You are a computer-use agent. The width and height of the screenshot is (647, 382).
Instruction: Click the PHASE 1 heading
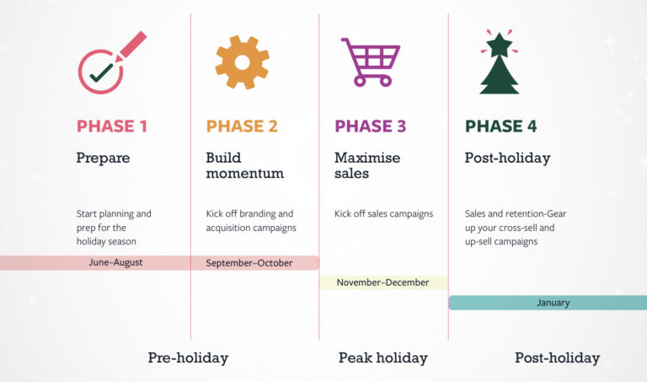coord(112,126)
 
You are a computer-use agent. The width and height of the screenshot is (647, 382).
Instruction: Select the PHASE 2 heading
coord(242,126)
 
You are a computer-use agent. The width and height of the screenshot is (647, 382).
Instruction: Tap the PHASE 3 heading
coord(371,126)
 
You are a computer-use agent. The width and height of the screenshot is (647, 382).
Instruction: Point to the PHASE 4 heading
coord(501,126)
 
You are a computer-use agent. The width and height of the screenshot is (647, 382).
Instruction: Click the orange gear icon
coord(243,62)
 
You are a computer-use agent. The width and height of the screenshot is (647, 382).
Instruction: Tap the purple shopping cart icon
coord(371,62)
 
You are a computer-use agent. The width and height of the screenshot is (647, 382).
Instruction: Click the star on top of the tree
coord(500,45)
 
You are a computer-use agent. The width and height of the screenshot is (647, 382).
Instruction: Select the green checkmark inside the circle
coord(101,73)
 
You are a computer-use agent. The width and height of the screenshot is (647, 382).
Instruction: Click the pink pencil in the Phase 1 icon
coord(131,46)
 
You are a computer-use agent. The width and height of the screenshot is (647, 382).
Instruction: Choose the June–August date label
coord(115,262)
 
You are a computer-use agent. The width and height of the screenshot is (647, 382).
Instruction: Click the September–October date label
coord(249,263)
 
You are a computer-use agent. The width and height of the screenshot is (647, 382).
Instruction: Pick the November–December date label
coord(383,282)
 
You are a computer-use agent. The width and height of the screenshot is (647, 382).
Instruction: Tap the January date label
coord(553,303)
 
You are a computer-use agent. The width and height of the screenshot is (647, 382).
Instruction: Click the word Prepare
coord(103,159)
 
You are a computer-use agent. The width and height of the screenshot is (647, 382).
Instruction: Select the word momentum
coord(245,174)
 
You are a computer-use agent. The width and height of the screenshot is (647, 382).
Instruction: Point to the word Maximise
coord(367,158)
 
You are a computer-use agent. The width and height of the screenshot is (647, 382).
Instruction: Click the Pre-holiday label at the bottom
coord(188,358)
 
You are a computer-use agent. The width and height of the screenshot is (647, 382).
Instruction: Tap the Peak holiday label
coord(383,358)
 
